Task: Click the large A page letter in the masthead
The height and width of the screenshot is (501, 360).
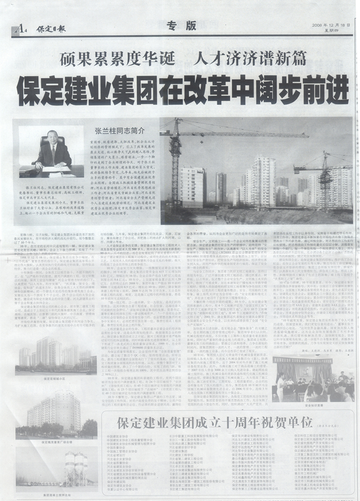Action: pyautogui.click(x=18, y=29)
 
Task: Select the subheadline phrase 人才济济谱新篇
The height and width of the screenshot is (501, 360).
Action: pyautogui.click(x=250, y=60)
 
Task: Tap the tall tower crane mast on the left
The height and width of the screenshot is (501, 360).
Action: pyautogui.click(x=175, y=161)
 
